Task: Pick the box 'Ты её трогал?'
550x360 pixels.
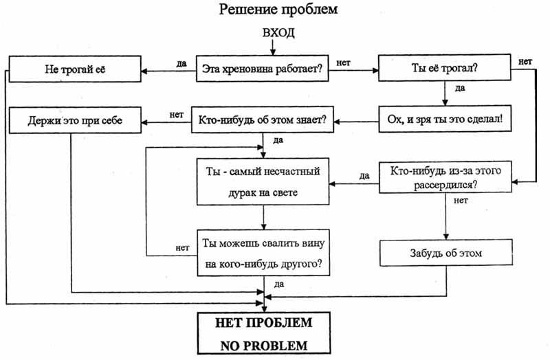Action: click(445, 69)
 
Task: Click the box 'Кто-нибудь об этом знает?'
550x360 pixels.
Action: click(262, 121)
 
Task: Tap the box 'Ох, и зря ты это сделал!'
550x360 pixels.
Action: click(445, 121)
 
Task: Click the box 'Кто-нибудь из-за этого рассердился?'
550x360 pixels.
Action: click(445, 177)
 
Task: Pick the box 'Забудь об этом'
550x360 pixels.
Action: click(445, 253)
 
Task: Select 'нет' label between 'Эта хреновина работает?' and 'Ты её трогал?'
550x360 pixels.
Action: click(345, 63)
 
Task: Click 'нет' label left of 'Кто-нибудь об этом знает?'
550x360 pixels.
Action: click(175, 114)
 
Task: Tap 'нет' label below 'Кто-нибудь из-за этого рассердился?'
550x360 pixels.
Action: click(461, 201)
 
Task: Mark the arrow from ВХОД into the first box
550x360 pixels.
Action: click(274, 48)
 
